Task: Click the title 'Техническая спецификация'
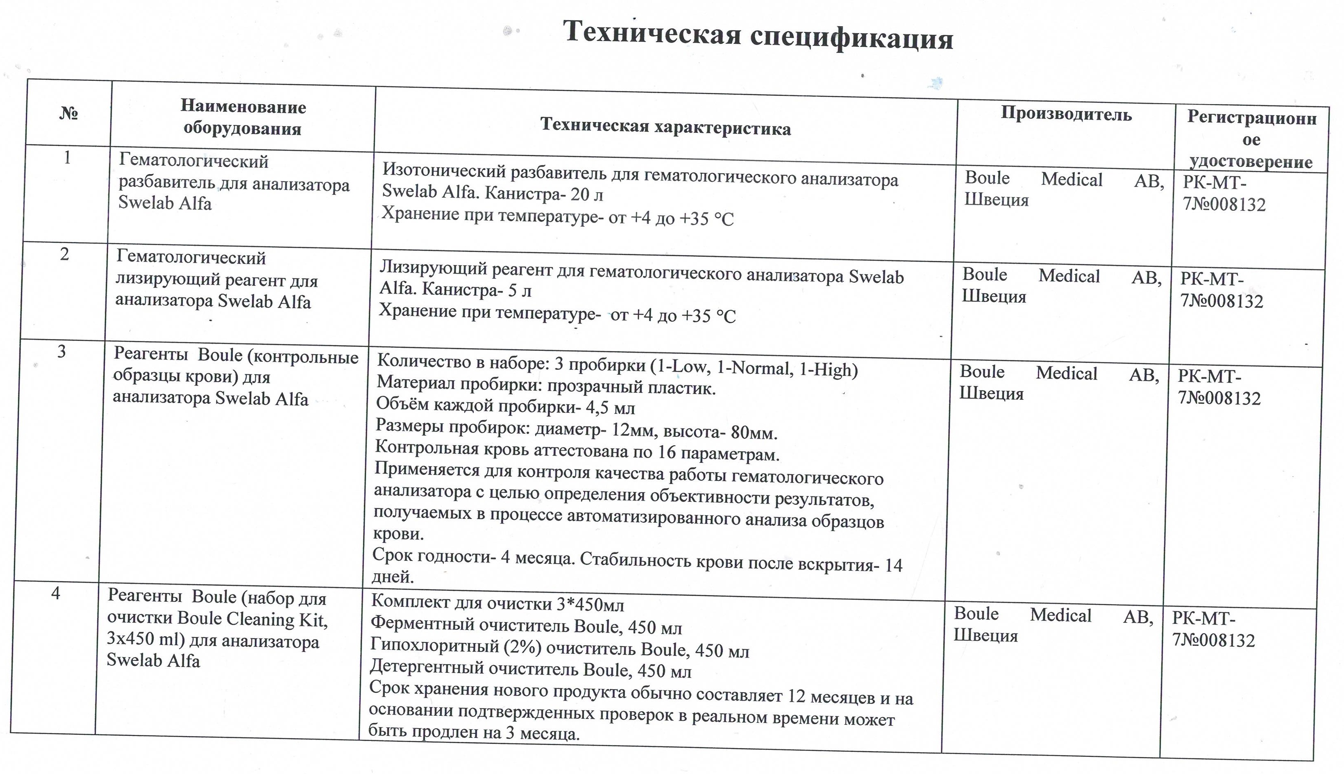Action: pyautogui.click(x=758, y=35)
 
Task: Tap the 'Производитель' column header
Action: pyautogui.click(x=1066, y=114)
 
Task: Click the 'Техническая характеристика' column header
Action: pyautogui.click(x=665, y=127)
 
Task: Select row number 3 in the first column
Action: pyautogui.click(x=61, y=351)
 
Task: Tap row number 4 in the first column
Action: pyautogui.click(x=56, y=593)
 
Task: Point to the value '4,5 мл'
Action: pyautogui.click(x=611, y=408)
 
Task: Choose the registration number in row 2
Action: pyautogui.click(x=1221, y=291)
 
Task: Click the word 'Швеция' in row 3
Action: pyautogui.click(x=991, y=394)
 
